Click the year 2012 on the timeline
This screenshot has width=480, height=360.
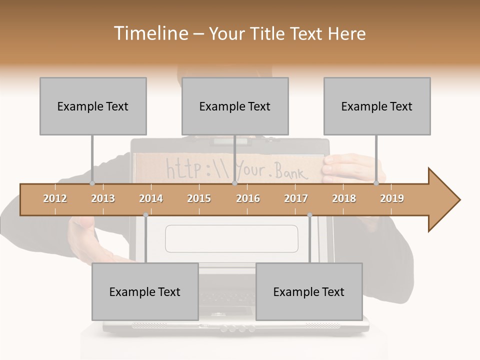[55, 198]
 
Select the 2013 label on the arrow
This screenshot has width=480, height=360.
[103, 198]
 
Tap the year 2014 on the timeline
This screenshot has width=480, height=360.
[151, 198]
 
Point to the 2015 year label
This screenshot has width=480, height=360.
[199, 198]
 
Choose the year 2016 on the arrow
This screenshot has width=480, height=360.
[248, 198]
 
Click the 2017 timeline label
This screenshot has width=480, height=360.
[296, 198]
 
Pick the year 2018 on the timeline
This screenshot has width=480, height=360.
[344, 198]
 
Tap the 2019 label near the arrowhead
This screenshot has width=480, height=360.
[392, 198]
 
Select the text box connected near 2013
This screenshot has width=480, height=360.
[93, 106]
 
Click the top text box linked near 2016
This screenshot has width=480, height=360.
[235, 106]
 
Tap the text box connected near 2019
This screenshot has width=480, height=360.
[377, 106]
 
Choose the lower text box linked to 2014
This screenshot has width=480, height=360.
[145, 291]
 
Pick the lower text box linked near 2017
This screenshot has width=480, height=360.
[309, 291]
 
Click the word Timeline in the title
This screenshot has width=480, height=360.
[149, 33]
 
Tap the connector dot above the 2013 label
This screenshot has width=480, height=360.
[92, 183]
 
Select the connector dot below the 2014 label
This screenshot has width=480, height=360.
[145, 215]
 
